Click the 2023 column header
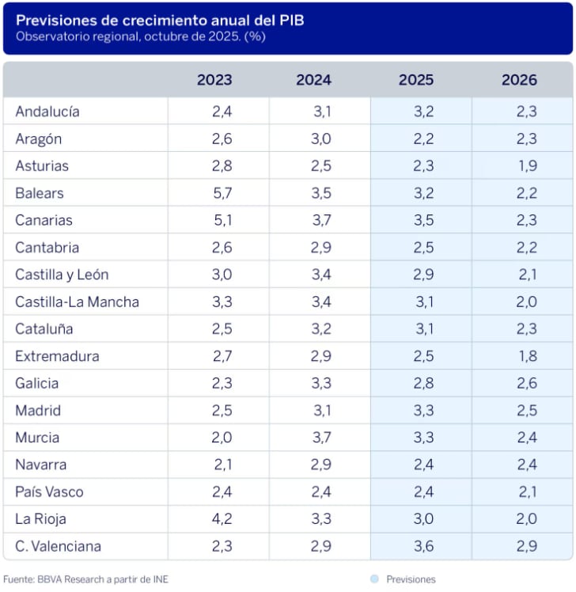pyautogui.click(x=214, y=80)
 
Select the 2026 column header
pyautogui.click(x=519, y=80)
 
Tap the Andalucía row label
pyautogui.click(x=47, y=112)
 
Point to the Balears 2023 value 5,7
pyautogui.click(x=222, y=193)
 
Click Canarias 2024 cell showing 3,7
pyautogui.click(x=322, y=220)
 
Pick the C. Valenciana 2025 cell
pyautogui.click(x=423, y=546)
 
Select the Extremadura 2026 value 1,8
pyautogui.click(x=526, y=356)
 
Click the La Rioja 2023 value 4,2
pyautogui.click(x=222, y=519)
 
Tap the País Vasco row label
pyautogui.click(x=49, y=492)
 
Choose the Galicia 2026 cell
pyautogui.click(x=526, y=384)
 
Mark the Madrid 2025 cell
pyautogui.click(x=423, y=411)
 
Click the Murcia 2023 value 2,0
pyautogui.click(x=222, y=438)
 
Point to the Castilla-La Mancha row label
pyautogui.click(x=77, y=302)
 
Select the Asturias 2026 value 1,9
pyautogui.click(x=526, y=166)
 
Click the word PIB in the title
pyautogui.click(x=292, y=21)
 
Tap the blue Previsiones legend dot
pyautogui.click(x=373, y=579)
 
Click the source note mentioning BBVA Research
pyautogui.click(x=85, y=579)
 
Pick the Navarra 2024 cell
pyautogui.click(x=322, y=465)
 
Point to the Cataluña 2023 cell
pyautogui.click(x=222, y=329)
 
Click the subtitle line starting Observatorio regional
pyautogui.click(x=140, y=37)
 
